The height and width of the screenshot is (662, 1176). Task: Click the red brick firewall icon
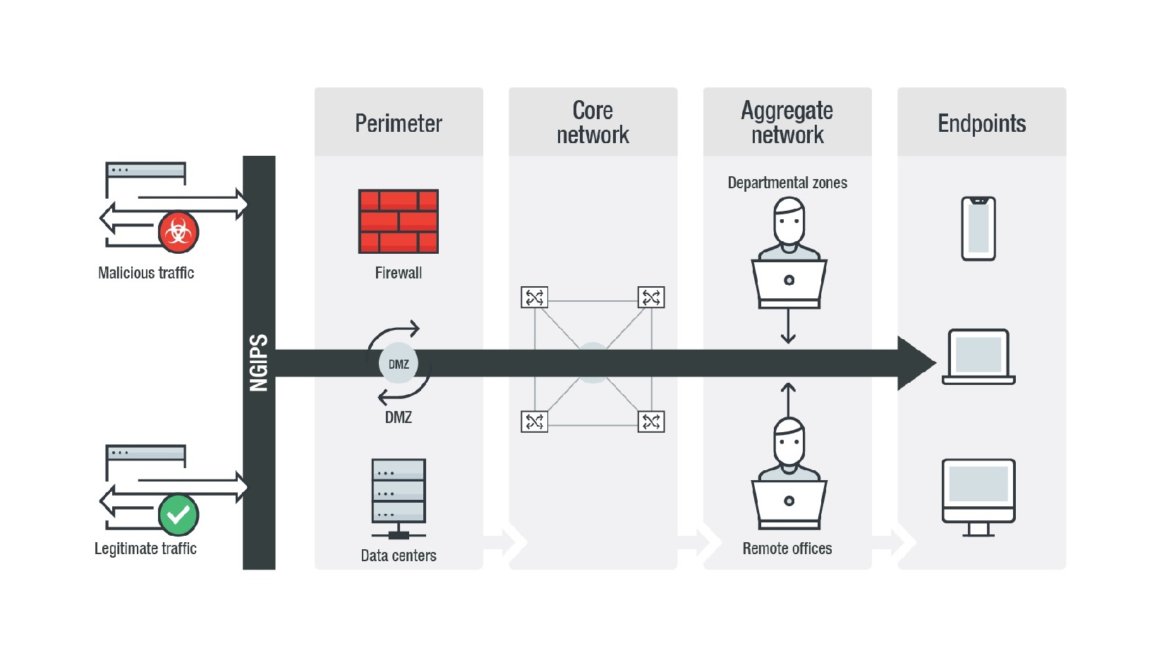click(399, 221)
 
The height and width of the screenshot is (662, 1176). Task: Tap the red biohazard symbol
click(178, 232)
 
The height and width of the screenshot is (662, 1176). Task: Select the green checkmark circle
click(178, 515)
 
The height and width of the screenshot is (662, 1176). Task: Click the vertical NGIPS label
click(259, 362)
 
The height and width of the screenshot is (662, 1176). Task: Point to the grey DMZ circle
click(399, 364)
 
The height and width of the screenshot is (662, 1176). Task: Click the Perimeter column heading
click(399, 123)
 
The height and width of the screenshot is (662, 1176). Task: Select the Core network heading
click(593, 123)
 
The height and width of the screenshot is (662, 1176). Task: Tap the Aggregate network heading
click(787, 123)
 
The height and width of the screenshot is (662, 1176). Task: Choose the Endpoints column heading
click(981, 123)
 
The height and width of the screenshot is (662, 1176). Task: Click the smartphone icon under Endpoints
click(978, 228)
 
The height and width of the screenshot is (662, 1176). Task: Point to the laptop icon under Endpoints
click(978, 357)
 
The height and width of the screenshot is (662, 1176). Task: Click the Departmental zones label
click(787, 183)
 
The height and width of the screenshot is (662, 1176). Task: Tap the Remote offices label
click(787, 548)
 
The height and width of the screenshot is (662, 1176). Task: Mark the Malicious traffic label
click(146, 273)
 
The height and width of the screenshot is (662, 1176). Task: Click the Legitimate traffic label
click(145, 548)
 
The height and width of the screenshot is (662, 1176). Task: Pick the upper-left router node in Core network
click(534, 298)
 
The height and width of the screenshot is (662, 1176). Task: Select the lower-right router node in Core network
click(651, 422)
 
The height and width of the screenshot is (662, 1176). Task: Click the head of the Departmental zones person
click(789, 221)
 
